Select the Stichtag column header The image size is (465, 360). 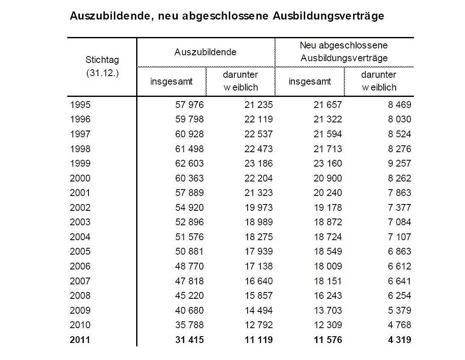[x=102, y=60]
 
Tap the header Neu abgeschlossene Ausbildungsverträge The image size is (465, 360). [x=344, y=51]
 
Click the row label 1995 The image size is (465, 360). [x=80, y=105]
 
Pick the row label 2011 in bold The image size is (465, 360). [x=80, y=340]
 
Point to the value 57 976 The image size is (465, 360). [x=190, y=105]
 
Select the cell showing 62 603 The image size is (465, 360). [x=190, y=163]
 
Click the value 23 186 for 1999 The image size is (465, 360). [x=259, y=163]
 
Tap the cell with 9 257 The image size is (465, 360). [x=399, y=163]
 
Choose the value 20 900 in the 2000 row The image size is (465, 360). [x=328, y=178]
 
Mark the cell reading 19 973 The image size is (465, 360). [x=259, y=207]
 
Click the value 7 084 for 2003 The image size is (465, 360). [x=399, y=222]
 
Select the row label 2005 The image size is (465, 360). [x=80, y=252]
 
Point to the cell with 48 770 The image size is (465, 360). [x=190, y=266]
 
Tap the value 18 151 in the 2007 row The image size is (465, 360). [x=328, y=281]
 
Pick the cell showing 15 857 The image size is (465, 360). [x=259, y=295]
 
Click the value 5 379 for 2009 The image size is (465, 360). [x=399, y=310]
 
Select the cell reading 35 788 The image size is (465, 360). [x=190, y=325]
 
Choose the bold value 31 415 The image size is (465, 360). [x=190, y=340]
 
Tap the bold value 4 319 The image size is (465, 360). [x=399, y=340]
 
